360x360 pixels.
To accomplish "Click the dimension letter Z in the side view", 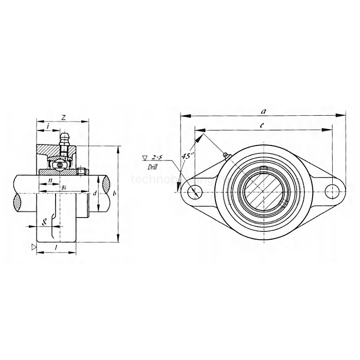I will pos(63,118).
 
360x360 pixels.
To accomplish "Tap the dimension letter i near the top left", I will pos(47,125).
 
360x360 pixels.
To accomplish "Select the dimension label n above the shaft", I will pos(50,181).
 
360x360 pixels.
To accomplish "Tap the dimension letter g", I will pos(45,222).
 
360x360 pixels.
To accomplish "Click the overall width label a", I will pos(263,111).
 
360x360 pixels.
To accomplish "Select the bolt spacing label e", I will pos(262,125).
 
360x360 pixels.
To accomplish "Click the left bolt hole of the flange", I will pos(194,192).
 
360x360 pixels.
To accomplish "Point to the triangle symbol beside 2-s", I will pos(145,157).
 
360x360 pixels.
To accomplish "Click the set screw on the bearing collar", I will pos(81,171).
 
